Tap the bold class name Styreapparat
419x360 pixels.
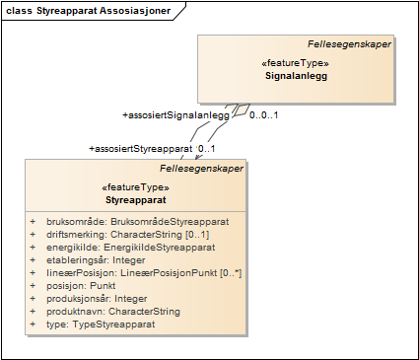click(136, 198)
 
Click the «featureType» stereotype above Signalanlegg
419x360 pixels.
click(295, 63)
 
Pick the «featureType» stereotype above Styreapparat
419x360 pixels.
click(136, 186)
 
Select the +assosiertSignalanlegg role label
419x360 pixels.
click(175, 115)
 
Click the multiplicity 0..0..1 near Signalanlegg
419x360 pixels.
click(263, 115)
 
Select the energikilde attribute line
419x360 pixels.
click(130, 247)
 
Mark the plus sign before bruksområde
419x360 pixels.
click(33, 221)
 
